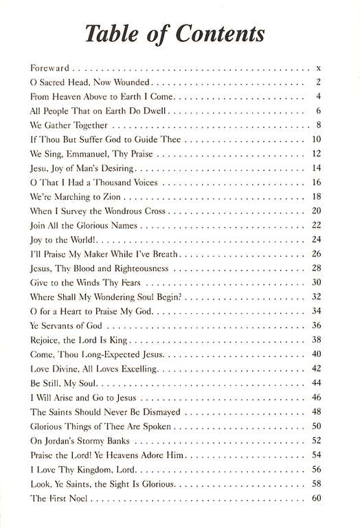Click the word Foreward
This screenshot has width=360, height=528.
pos(51,68)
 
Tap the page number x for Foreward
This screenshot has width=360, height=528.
pos(319,68)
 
